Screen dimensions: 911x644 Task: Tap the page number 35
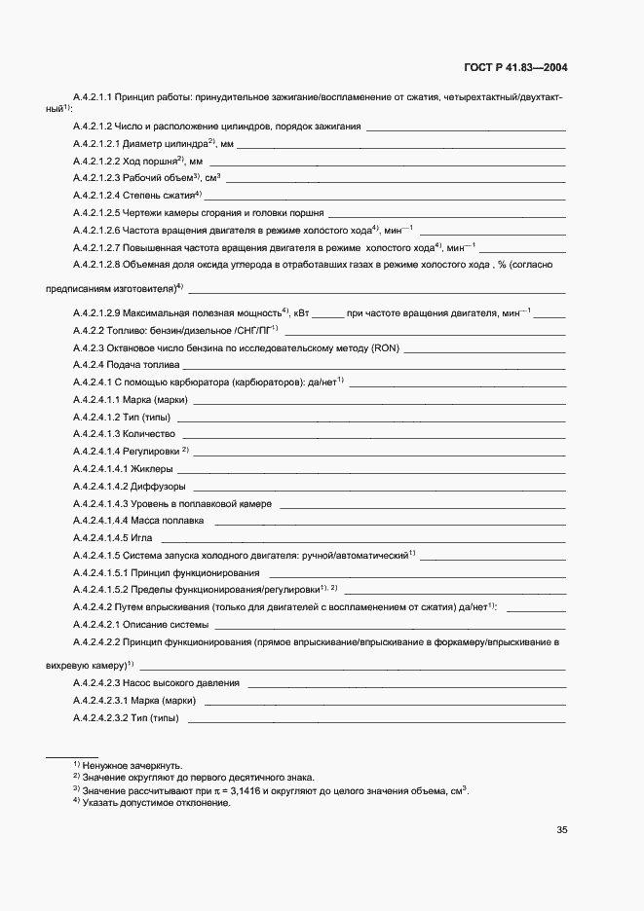[x=561, y=830]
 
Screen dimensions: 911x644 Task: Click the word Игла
[x=142, y=537]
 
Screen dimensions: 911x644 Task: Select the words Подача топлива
[x=142, y=365]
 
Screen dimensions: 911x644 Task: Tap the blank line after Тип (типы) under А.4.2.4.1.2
[x=370, y=418]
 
